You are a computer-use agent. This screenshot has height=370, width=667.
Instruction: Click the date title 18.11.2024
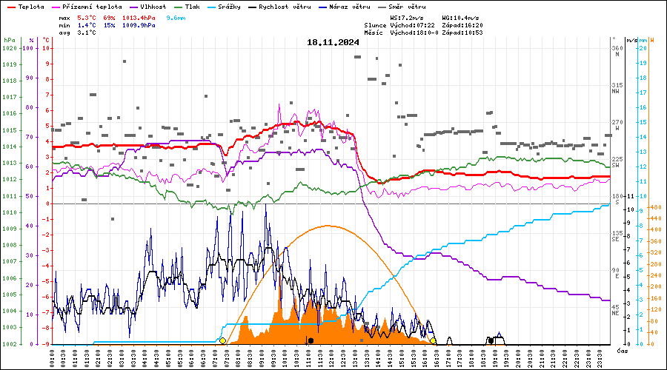point(333,42)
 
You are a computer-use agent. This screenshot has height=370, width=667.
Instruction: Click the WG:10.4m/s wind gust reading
point(462,16)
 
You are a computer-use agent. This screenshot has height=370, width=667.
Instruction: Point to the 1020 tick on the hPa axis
point(10,48)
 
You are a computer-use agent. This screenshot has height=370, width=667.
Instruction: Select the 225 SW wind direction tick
point(616,162)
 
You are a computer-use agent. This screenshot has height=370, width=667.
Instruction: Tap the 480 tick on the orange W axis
point(654,208)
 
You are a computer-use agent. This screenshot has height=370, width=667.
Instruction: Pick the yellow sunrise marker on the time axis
point(222,340)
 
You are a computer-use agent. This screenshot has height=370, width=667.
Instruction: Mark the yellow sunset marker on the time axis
point(433,340)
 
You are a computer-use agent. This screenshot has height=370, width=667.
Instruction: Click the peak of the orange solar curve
point(328,226)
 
